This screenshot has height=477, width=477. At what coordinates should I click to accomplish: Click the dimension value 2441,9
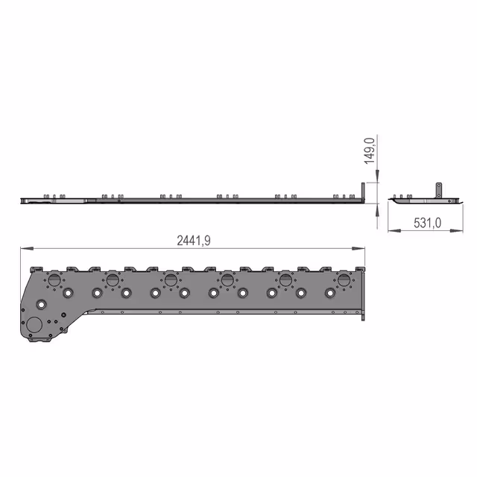click(194, 241)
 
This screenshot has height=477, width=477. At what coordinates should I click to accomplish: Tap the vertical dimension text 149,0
click(370, 151)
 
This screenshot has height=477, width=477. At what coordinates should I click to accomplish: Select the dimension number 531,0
click(427, 223)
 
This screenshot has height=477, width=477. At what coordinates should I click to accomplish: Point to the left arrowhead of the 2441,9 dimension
click(27, 248)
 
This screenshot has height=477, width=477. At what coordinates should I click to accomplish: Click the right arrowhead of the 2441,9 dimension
click(358, 248)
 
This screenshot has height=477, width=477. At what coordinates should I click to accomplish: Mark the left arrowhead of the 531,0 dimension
click(394, 230)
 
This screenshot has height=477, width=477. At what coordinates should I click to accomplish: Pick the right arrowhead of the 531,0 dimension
click(457, 230)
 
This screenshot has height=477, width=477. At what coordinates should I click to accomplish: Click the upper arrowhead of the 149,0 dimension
click(377, 176)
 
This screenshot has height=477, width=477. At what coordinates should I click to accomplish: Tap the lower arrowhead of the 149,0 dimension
click(377, 210)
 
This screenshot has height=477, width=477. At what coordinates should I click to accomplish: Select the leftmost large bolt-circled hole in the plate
click(54, 280)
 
